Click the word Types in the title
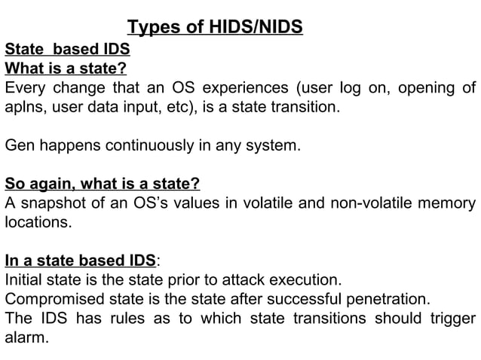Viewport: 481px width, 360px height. [x=152, y=29]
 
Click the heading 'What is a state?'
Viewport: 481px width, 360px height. [x=66, y=69]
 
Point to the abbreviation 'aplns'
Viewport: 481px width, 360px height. [x=23, y=108]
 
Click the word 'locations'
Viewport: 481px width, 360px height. [x=37, y=223]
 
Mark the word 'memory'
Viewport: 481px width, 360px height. [x=447, y=203]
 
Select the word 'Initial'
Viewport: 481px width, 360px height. [x=26, y=280]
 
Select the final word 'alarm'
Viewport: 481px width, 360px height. [x=25, y=337]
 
